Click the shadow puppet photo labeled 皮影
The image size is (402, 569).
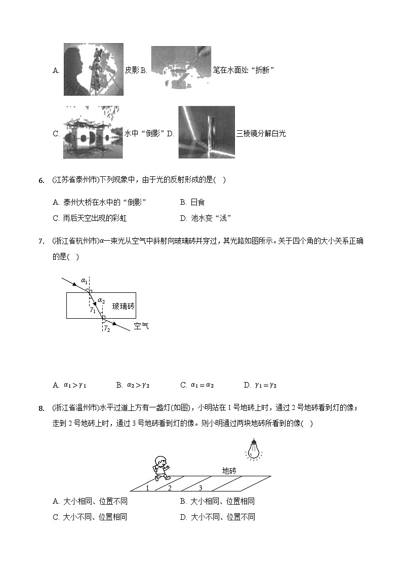tap(93, 69)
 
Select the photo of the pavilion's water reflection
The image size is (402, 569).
tap(93, 133)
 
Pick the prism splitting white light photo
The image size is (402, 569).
tap(207, 132)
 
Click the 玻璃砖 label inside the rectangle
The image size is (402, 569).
tap(124, 306)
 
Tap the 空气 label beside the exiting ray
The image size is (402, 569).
tap(141, 326)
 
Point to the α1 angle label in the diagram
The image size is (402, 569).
tap(84, 280)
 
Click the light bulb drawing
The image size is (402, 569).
tap(253, 449)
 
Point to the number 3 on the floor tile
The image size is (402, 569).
tap(200, 488)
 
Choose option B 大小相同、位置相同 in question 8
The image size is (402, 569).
tap(217, 501)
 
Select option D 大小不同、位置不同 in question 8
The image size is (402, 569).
tap(217, 517)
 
